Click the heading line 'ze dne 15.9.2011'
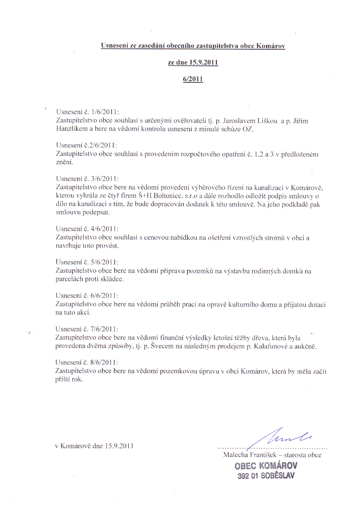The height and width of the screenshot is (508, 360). [193, 62]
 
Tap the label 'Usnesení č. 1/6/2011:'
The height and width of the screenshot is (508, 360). [87, 112]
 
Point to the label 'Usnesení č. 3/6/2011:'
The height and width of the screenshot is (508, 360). [87, 178]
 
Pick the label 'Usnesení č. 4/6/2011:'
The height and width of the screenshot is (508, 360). [87, 228]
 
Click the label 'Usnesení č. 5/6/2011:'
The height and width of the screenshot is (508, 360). [87, 262]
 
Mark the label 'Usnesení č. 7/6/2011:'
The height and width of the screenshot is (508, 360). [87, 329]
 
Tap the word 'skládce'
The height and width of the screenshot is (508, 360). [113, 279]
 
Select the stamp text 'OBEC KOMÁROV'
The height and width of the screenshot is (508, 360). [267, 466]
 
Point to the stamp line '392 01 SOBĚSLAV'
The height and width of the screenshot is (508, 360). [266, 476]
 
